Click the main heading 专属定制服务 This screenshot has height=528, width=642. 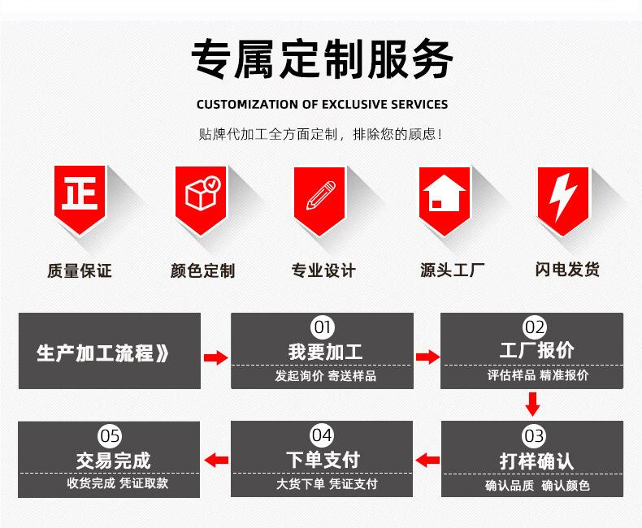click(x=322, y=59)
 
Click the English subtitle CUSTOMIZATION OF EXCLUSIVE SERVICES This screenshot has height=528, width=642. click(x=322, y=104)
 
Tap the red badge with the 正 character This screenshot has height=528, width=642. click(x=79, y=195)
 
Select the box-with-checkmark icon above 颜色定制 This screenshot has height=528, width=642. click(x=201, y=195)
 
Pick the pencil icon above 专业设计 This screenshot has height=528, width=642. click(x=320, y=195)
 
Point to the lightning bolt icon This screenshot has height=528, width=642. click(x=562, y=195)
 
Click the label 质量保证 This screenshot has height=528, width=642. click(x=79, y=270)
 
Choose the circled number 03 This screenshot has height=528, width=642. click(x=534, y=436)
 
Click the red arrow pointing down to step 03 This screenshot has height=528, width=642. click(x=533, y=404)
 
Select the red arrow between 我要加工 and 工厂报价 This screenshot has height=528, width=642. click(x=427, y=357)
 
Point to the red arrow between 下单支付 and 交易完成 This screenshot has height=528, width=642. click(x=215, y=461)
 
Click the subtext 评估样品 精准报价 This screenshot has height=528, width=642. click(x=537, y=375)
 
